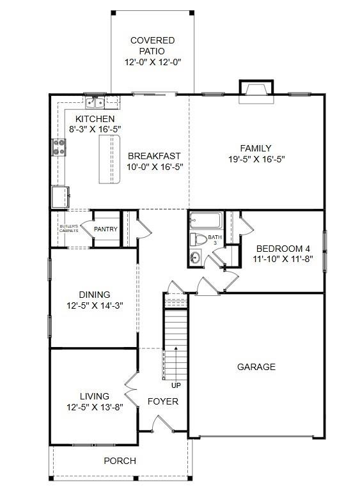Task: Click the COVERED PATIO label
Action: point(152,45)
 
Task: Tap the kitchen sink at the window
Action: point(96,102)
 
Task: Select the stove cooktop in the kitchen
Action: point(59,148)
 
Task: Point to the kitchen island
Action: point(109,160)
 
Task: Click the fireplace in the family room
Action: point(256,92)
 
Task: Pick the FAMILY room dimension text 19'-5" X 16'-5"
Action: point(256,160)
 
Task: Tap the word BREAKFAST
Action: point(154,155)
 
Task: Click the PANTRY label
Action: point(105,229)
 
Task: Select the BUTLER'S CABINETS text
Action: point(69,228)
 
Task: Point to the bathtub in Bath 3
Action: point(205,222)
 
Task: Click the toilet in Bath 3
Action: point(197,240)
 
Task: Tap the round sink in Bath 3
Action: point(194,258)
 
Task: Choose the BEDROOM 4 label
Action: point(283,249)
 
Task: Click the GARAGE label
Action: point(256,367)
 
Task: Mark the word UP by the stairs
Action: point(175,385)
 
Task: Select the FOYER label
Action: point(163,401)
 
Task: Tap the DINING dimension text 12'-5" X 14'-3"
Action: point(95,305)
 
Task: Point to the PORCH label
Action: point(120,460)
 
